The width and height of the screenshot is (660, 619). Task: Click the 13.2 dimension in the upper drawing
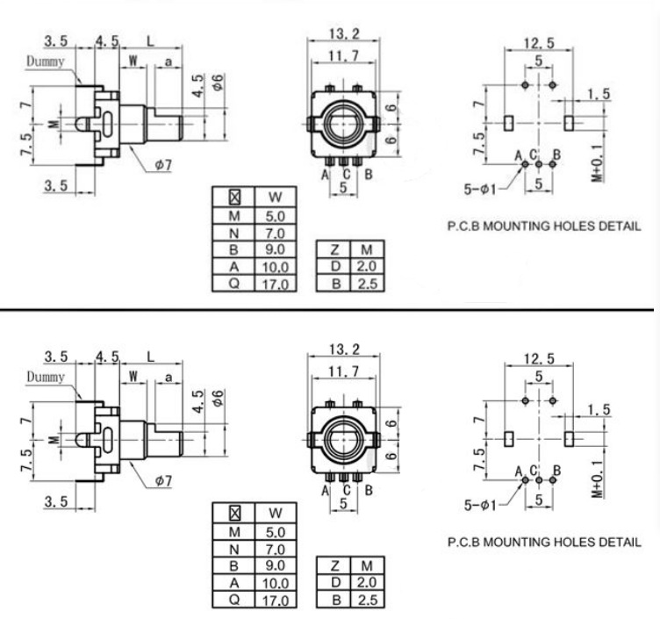(x=343, y=34)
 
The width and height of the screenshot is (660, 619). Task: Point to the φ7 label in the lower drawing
(x=164, y=482)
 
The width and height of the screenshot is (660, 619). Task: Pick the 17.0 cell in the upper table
(x=276, y=283)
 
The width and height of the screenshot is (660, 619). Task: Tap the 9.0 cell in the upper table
(x=276, y=251)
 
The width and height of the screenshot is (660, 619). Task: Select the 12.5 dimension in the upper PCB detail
(x=538, y=44)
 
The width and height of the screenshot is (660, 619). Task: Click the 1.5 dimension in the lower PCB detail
(x=599, y=410)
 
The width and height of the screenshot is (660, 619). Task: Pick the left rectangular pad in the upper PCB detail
(x=508, y=123)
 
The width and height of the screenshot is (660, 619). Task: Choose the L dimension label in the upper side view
(x=153, y=40)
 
